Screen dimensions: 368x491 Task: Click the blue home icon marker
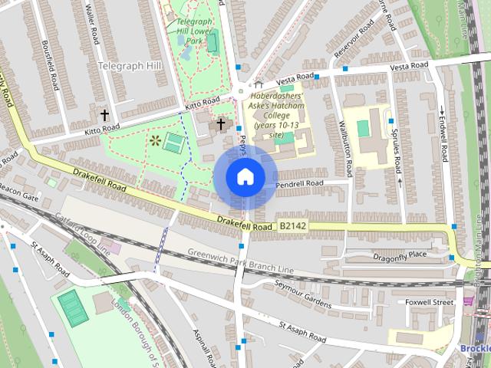click(245, 176)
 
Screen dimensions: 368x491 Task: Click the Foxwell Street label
click(429, 302)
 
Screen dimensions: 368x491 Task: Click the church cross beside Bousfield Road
click(104, 115)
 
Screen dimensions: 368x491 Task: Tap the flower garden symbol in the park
click(156, 140)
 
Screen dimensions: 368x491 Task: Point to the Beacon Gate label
click(18, 191)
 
